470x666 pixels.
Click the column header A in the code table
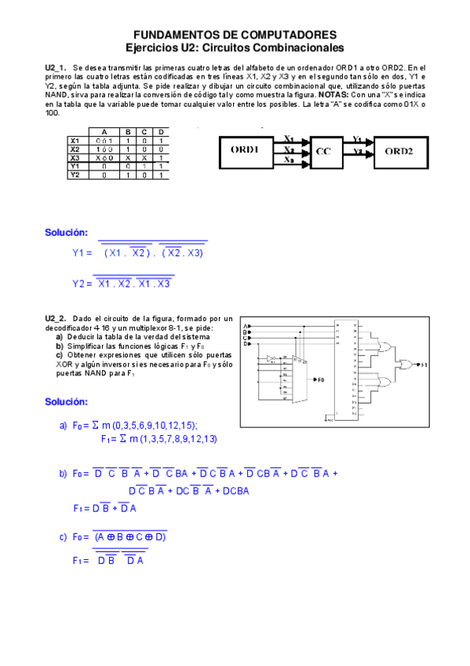coord(104,131)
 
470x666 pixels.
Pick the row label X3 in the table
coord(75,157)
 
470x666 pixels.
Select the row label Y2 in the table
coord(75,174)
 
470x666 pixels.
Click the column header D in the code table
coord(160,131)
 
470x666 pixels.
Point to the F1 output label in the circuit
coord(424,365)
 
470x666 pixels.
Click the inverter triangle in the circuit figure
coord(271,358)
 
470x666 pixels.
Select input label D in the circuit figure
coord(246,344)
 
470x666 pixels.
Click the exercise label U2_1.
coord(56,68)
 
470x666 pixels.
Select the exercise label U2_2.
coord(56,318)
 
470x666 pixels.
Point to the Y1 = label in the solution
coord(82,253)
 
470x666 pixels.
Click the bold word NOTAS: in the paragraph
coord(322,94)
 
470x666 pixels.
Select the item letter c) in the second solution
coord(64,537)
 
